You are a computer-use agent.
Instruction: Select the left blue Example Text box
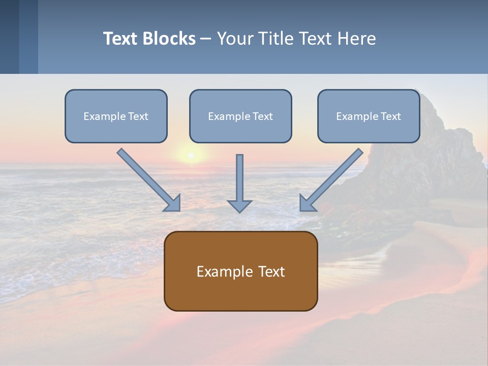coord(116,116)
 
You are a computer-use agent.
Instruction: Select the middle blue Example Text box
coord(240,116)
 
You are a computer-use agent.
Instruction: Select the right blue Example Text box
coord(369,116)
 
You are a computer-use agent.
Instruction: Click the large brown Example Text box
coord(240,271)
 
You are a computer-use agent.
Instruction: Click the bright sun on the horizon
coord(191,155)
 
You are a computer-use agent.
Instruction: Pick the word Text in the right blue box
coord(391,116)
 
